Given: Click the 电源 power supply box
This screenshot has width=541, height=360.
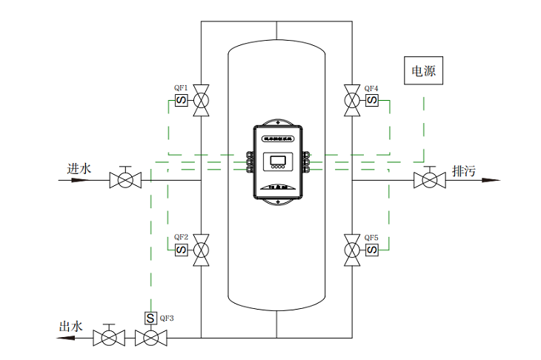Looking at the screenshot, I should [x=424, y=72].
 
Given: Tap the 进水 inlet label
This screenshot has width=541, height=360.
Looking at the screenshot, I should [x=79, y=169].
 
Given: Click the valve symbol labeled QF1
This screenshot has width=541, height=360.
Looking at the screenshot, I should [x=201, y=100].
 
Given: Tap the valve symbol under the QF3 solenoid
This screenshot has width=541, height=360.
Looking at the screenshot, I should [x=150, y=339].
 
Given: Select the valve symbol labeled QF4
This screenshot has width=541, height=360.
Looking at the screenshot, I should [x=351, y=100].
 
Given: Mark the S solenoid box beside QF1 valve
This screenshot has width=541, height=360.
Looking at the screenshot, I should [x=181, y=100].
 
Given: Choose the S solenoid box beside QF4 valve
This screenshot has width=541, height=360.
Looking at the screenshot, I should [x=371, y=100].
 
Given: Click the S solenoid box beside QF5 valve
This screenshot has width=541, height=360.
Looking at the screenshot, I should [x=371, y=250].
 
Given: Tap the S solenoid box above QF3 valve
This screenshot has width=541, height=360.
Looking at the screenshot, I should [x=150, y=318].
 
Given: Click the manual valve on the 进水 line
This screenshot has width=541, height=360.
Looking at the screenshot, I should [x=125, y=179].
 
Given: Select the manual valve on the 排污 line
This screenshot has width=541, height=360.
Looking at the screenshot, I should [x=429, y=179].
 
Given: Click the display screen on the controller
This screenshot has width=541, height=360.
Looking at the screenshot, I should [x=277, y=161].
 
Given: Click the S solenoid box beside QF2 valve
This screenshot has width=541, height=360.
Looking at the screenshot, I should [x=181, y=250].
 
